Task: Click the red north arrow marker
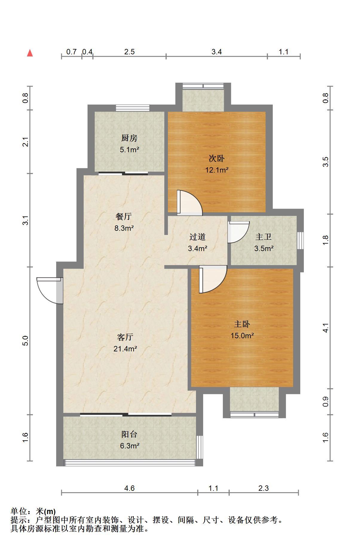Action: point(30,53)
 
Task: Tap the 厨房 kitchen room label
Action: point(129,138)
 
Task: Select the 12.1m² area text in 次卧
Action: point(217,170)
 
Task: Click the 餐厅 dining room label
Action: point(123,216)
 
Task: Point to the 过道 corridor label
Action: point(197,237)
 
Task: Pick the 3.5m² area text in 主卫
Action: point(264,248)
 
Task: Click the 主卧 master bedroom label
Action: point(242,324)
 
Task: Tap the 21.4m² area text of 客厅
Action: point(125,349)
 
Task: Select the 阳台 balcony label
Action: point(129,434)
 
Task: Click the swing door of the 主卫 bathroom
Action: point(238,232)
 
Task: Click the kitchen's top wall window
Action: point(133,108)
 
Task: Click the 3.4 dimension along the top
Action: point(217,52)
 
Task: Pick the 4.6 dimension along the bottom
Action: point(129,488)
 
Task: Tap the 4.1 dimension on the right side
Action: point(326,328)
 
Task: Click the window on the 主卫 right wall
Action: point(301,240)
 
